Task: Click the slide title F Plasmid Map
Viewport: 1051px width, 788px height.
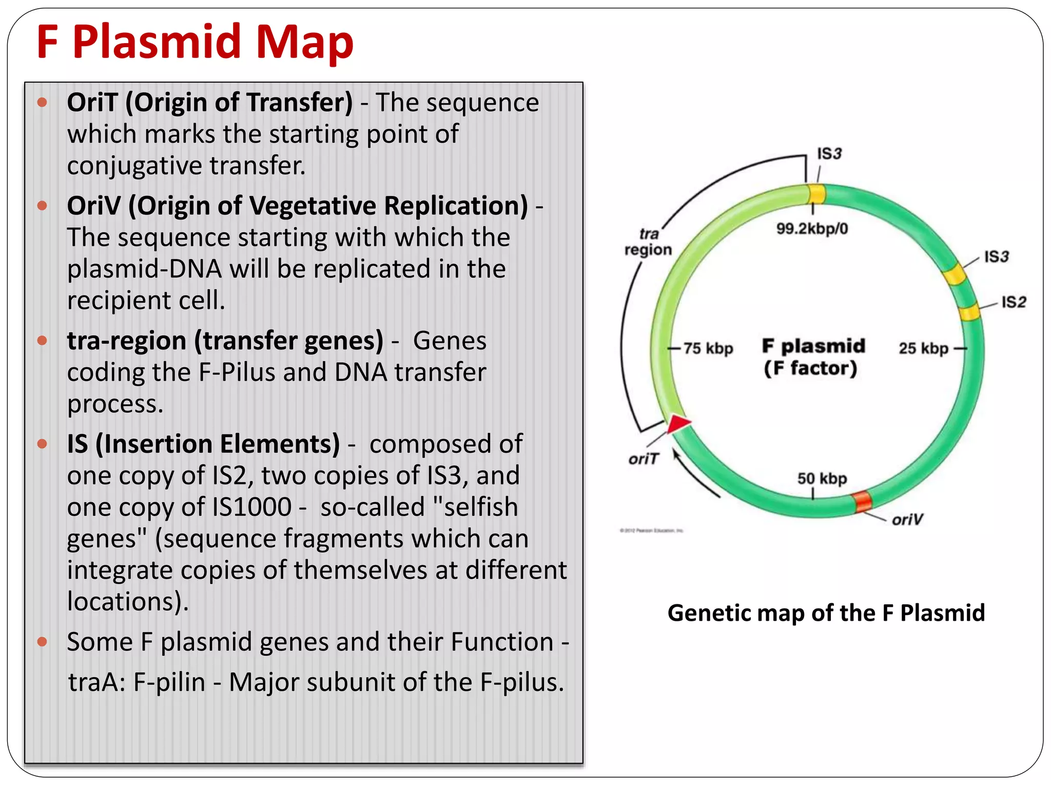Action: coord(195,42)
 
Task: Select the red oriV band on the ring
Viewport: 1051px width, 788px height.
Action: coord(863,501)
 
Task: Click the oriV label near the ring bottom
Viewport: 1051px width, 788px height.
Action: coord(907,520)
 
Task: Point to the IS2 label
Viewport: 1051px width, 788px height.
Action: coord(1014,302)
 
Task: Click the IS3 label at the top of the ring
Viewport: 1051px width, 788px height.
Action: coord(829,153)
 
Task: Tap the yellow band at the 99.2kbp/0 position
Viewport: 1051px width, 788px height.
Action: coord(816,194)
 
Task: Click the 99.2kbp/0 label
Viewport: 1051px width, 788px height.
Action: coord(812,228)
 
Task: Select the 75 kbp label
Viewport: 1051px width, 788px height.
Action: coord(708,348)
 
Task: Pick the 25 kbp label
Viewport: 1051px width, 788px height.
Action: coord(923,348)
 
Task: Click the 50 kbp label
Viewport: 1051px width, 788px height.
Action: coord(822,479)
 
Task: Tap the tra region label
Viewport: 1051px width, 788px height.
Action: coord(648,242)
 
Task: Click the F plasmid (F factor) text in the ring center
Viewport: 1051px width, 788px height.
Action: coord(813,357)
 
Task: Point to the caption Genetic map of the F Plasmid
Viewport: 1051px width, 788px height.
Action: coord(826,613)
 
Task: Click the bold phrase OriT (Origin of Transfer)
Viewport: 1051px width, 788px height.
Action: coord(209,102)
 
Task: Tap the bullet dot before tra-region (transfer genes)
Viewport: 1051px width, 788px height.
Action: coord(43,341)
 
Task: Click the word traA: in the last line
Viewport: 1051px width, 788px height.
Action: coord(97,682)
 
